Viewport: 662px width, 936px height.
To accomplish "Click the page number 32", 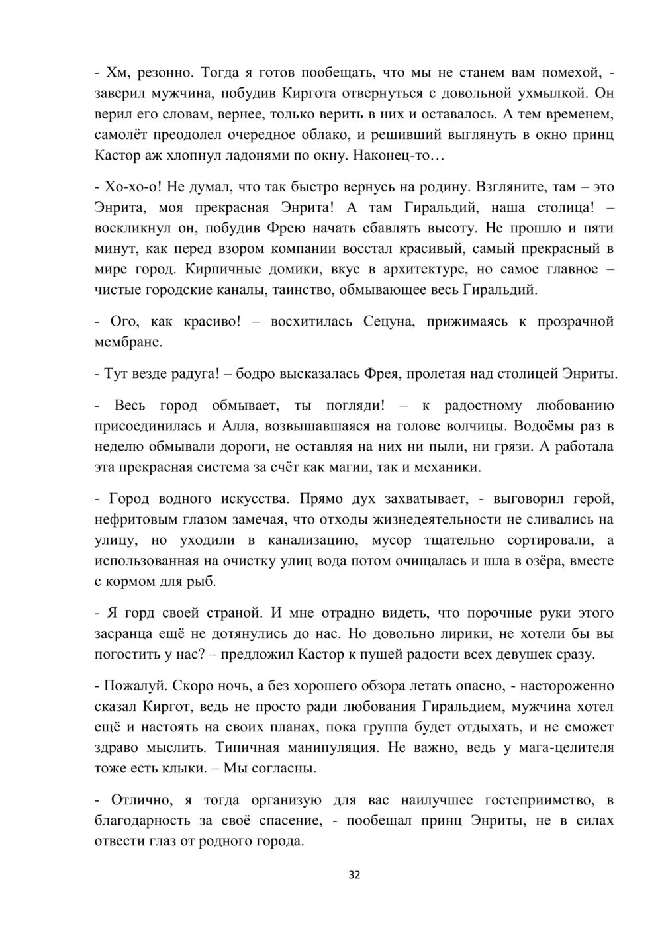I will [354, 875].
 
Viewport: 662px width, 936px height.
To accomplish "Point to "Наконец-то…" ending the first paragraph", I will [399, 156].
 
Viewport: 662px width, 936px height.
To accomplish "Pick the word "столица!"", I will [563, 207].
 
